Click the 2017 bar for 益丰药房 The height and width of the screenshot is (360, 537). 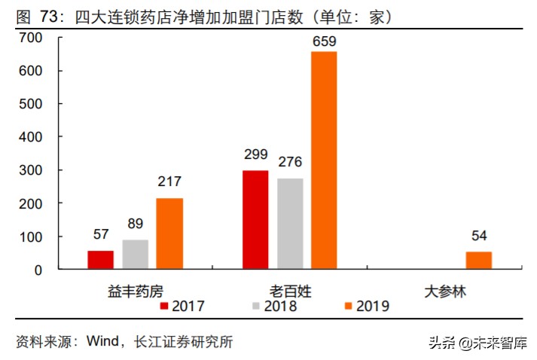(x=101, y=260)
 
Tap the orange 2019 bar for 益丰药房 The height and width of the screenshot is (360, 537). (x=169, y=233)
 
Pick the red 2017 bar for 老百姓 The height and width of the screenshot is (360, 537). (x=255, y=220)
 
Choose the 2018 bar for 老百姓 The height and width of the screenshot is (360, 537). (x=290, y=224)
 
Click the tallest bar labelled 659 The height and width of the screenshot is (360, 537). (x=324, y=160)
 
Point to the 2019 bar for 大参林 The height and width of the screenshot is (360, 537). (x=478, y=261)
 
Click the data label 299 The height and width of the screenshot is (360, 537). (x=255, y=156)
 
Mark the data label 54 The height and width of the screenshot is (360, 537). (x=478, y=236)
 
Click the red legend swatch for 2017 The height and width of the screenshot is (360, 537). (x=164, y=306)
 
